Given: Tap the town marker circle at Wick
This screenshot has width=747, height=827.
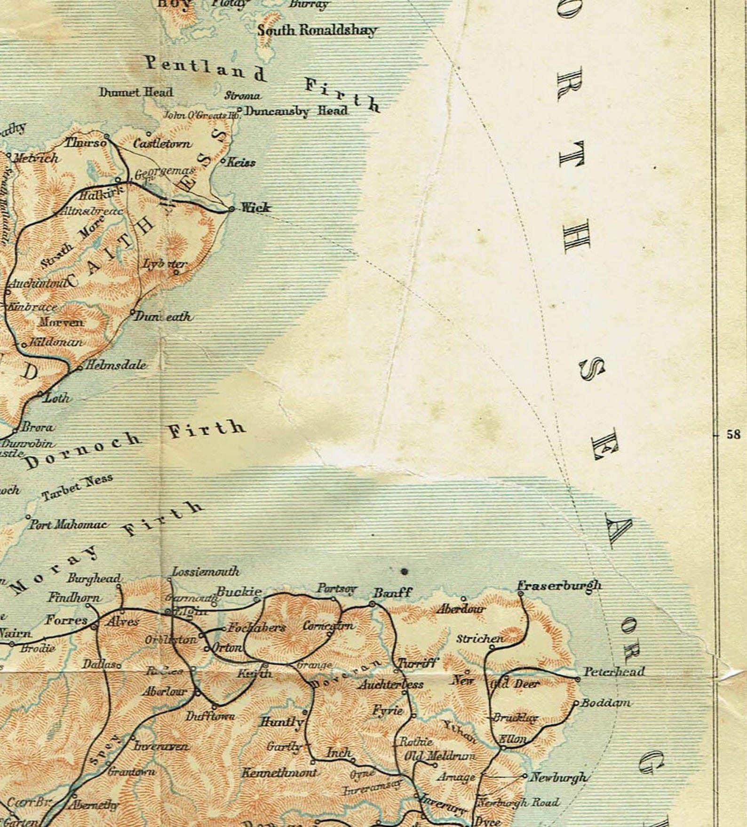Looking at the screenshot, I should point(231,209).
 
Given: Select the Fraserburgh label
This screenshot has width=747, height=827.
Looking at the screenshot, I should point(559,586).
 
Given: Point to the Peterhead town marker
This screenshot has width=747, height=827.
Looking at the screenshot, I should point(577,679).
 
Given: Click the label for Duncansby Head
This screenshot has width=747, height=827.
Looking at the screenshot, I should point(296,111).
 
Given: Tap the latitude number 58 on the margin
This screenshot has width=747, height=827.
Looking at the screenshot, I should point(733,435).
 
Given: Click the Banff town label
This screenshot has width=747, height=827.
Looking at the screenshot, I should point(392,593).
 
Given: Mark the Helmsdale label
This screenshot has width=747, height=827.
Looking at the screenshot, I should point(115,365).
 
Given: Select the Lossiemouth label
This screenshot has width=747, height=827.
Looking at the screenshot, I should point(205,572).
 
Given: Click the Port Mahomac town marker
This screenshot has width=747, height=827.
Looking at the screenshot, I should point(28,517).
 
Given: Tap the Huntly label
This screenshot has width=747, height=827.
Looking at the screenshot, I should point(281,721).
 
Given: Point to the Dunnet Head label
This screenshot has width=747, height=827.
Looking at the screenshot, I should point(136,92).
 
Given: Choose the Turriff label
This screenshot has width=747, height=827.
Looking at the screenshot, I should point(418,663).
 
